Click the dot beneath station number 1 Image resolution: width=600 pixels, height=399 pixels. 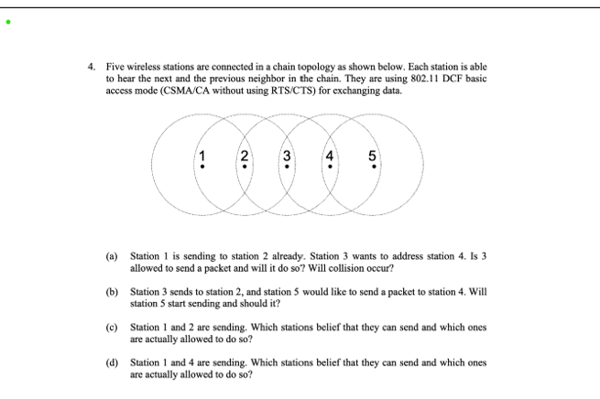202,167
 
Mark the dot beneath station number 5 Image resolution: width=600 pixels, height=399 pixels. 372,167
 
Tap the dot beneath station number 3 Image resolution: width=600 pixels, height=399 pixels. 288,167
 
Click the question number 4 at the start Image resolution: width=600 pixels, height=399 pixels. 91,67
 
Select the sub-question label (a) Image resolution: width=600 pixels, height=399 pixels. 112,257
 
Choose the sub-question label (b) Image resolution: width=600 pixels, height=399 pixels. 112,291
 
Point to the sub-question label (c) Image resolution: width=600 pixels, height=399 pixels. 112,326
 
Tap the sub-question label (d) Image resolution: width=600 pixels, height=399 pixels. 112,361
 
